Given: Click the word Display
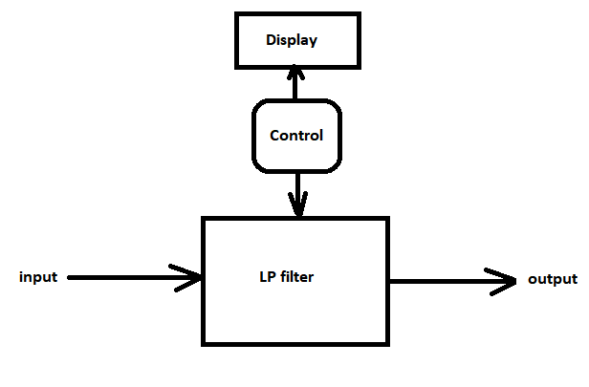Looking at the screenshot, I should (x=292, y=40).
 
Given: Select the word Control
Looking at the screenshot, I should (x=296, y=136).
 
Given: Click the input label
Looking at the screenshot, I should (x=39, y=278).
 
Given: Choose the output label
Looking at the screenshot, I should (x=553, y=280).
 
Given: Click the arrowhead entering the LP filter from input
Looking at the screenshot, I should (x=189, y=278).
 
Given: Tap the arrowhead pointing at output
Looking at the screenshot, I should (x=503, y=281).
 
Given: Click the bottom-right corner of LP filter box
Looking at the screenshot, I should (x=387, y=342).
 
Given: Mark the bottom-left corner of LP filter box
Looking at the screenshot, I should (x=203, y=342).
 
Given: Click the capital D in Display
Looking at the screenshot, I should (x=272, y=40).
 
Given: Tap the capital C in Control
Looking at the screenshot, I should (x=275, y=136).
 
